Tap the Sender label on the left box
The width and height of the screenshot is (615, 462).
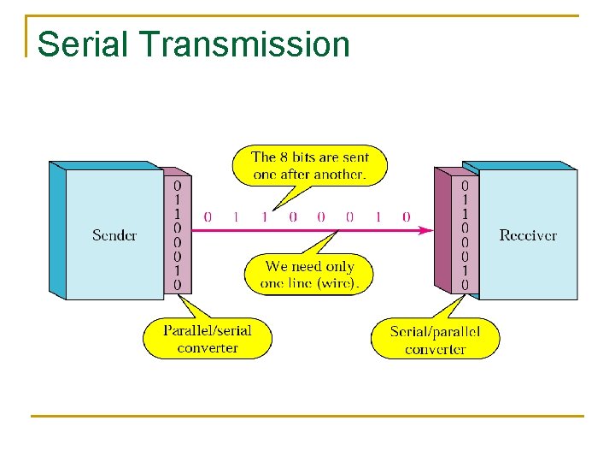[x=114, y=235]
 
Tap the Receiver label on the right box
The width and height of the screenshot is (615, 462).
[x=528, y=235]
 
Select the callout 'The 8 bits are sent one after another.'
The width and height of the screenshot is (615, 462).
[x=309, y=166]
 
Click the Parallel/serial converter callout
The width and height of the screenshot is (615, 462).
[x=208, y=339]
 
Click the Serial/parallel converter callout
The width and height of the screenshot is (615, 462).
[x=435, y=340]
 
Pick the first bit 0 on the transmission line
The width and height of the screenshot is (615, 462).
[x=208, y=217]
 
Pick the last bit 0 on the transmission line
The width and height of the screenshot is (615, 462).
[x=406, y=217]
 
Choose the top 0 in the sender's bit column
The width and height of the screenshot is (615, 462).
[x=178, y=185]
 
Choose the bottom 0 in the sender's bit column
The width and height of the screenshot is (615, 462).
[x=178, y=284]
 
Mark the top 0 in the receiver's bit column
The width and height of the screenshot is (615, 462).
[x=465, y=185]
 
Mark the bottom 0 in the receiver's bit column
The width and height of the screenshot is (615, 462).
[x=465, y=284]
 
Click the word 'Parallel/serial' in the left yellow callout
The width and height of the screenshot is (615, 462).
[x=208, y=330]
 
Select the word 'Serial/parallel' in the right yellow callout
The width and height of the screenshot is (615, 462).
[x=435, y=331]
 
